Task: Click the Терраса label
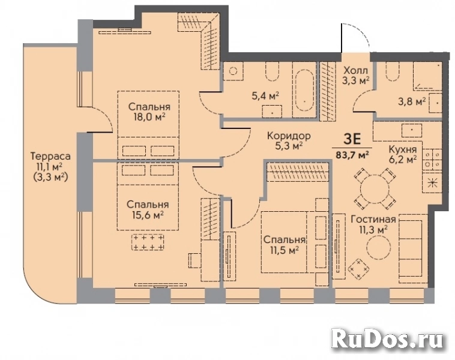50,157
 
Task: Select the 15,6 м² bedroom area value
148,215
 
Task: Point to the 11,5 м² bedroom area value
284,250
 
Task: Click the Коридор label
289,136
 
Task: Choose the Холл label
355,70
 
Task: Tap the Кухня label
403,149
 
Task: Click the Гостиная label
373,219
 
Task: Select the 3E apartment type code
352,140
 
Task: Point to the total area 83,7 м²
352,154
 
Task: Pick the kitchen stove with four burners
432,159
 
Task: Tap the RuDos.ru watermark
388,338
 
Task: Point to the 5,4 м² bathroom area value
265,95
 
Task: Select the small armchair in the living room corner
359,268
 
